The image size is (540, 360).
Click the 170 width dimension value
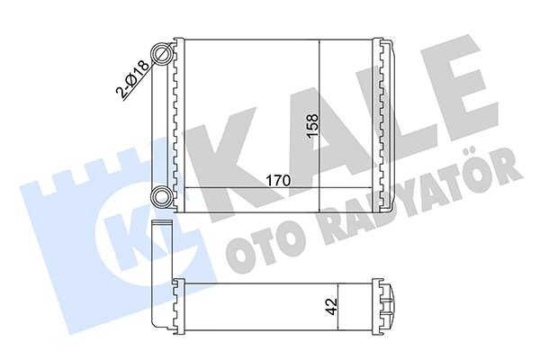pyautogui.click(x=276, y=179)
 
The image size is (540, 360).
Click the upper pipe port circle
pyautogui.click(x=162, y=54)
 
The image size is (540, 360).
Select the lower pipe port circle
pyautogui.click(x=162, y=197)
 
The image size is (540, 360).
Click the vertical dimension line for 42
pyautogui.click(x=340, y=306)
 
